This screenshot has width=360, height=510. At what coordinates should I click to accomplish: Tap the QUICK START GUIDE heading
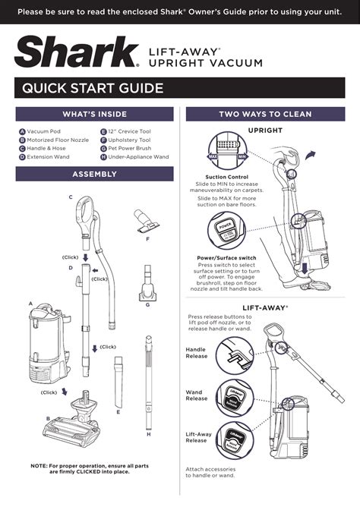93,89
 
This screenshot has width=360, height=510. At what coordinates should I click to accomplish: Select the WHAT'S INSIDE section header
94,114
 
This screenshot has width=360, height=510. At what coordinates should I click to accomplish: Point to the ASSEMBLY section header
94,175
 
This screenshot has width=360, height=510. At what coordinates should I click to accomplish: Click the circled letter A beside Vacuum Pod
22,132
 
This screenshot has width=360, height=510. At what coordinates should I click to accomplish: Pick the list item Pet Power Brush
129,149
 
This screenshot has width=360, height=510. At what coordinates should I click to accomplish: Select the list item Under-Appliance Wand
138,157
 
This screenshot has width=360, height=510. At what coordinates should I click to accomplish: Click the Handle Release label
197,352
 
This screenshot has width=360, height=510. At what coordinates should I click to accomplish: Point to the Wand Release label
197,395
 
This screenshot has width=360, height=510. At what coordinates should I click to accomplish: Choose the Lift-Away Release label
197,437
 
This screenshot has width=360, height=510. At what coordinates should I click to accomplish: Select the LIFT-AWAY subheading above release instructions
265,307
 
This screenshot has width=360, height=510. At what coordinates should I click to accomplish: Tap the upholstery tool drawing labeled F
144,219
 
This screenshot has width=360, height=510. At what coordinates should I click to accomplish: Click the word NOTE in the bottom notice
40,464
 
